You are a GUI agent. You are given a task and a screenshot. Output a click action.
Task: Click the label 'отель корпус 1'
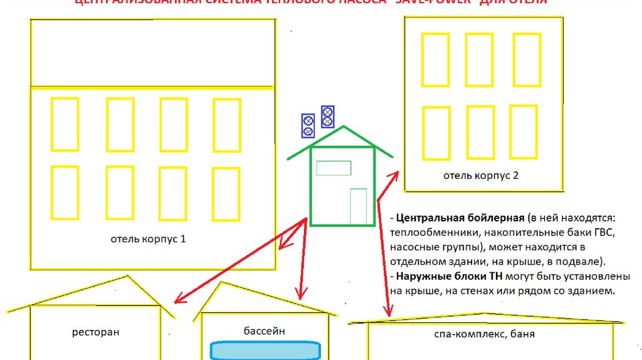tap(148, 239)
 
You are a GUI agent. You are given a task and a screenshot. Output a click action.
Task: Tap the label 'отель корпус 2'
tap(481, 176)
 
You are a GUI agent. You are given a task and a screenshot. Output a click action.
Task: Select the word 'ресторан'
tap(95, 332)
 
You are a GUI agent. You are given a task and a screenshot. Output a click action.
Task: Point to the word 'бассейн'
tap(265, 330)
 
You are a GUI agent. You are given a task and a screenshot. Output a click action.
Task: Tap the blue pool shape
tap(265, 351)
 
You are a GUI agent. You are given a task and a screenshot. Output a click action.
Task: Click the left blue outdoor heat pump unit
tap(308, 125)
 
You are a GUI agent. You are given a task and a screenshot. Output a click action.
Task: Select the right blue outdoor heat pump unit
tap(327, 117)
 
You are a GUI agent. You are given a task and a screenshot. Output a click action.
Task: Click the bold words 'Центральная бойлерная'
tap(460, 218)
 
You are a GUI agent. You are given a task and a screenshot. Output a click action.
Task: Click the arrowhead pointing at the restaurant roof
tap(177, 299)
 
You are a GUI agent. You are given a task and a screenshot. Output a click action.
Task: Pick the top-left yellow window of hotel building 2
tap(435, 59)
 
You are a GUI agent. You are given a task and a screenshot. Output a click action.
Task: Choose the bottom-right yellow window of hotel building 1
tap(226, 193)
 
